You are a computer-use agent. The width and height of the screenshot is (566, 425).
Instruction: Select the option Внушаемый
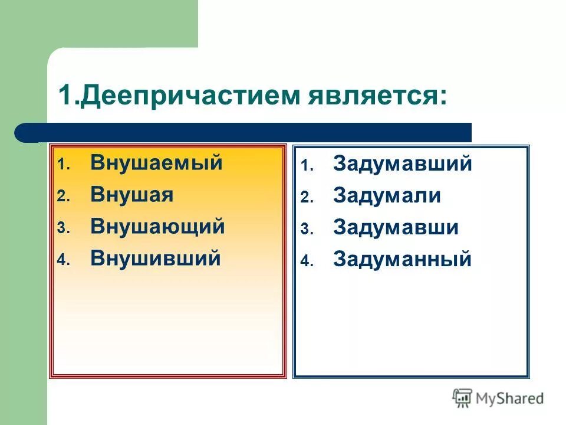[x=156, y=163]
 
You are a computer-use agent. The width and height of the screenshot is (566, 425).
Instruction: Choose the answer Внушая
[x=132, y=195]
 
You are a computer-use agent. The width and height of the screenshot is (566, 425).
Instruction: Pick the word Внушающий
[x=157, y=227]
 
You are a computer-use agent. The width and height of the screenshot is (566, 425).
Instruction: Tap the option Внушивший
[x=156, y=259]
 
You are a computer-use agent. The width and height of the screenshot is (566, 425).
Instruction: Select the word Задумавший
[x=402, y=164]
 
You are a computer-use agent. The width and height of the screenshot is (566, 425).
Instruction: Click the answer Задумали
[x=387, y=196]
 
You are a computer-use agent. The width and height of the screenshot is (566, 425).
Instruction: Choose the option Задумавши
[x=396, y=228]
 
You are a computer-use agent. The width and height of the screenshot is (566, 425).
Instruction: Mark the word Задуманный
[x=402, y=260]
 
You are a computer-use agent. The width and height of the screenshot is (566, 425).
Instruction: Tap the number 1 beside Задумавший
[x=304, y=166]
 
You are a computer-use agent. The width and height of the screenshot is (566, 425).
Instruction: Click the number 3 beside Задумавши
[x=304, y=230]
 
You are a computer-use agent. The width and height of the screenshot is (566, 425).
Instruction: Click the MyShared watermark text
[x=510, y=398]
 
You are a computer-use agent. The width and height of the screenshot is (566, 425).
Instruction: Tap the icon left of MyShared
[x=462, y=398]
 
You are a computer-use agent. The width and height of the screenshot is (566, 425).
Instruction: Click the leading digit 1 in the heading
[x=65, y=96]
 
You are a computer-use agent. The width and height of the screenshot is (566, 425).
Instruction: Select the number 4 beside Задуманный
[x=304, y=262]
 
